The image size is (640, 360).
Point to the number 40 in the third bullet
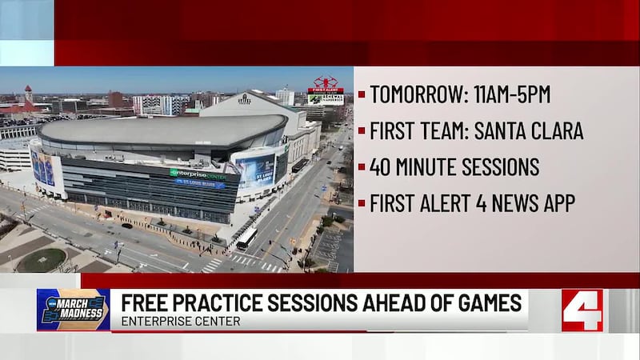(x=381, y=167)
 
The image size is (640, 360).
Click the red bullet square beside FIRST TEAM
(x=362, y=131)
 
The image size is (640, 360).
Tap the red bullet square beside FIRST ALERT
(x=362, y=204)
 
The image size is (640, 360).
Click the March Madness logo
(x=73, y=310)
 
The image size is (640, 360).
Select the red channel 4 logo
(x=582, y=310)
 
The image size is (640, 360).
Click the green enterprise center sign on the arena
(x=196, y=173)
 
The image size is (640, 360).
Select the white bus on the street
(x=246, y=238)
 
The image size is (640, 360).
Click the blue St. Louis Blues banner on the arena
(x=199, y=183)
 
